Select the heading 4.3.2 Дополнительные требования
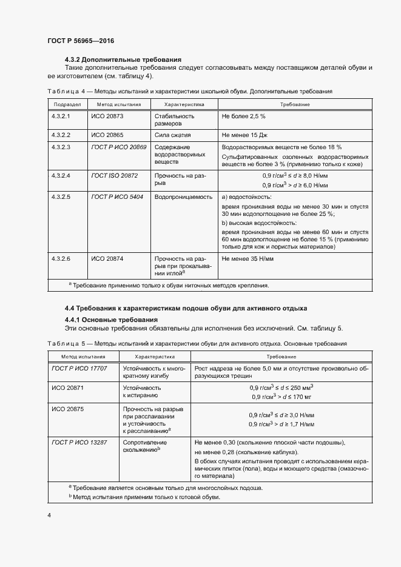click(x=123, y=59)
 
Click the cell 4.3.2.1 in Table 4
click(x=61, y=115)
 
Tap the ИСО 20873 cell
click(x=107, y=115)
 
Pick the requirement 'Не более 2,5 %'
click(x=244, y=115)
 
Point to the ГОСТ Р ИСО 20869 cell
click(x=118, y=147)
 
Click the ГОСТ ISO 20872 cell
click(x=115, y=175)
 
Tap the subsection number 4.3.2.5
click(x=61, y=197)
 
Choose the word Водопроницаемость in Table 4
click(x=183, y=197)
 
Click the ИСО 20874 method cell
click(x=107, y=258)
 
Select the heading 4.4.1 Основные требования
click(x=111, y=320)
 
